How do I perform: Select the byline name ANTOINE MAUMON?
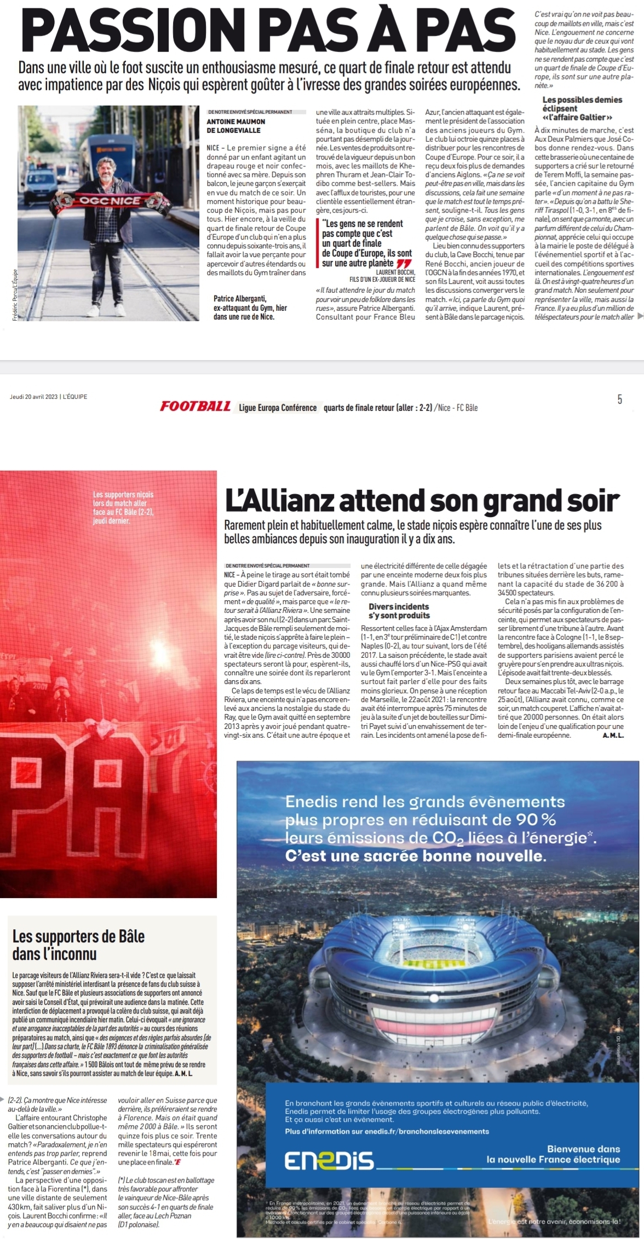click(x=236, y=121)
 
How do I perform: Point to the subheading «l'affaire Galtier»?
click(x=577, y=117)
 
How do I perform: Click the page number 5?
click(x=619, y=400)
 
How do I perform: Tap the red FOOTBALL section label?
click(x=196, y=407)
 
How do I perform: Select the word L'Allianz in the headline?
click(x=279, y=500)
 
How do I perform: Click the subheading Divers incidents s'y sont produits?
click(x=399, y=611)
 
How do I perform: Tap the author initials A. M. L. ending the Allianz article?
click(x=613, y=736)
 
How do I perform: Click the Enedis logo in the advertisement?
click(x=329, y=1160)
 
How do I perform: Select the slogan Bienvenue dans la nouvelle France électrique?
click(x=553, y=1154)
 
